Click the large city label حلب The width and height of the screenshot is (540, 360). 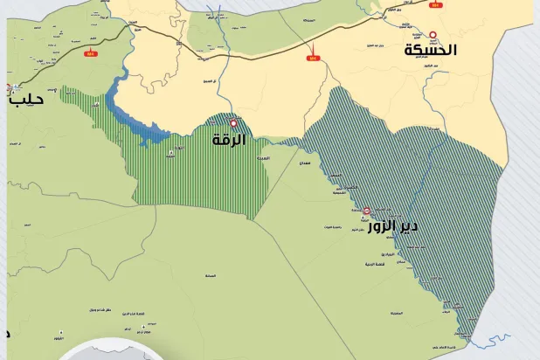pyautogui.click(x=26, y=100)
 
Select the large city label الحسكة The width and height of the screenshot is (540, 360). pyautogui.click(x=430, y=51)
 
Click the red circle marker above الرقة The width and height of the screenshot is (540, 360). pyautogui.click(x=233, y=122)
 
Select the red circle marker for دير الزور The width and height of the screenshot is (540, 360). pyautogui.click(x=366, y=210)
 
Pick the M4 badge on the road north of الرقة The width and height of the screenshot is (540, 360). pyautogui.click(x=311, y=59)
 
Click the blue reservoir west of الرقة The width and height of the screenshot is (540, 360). pyautogui.click(x=131, y=118)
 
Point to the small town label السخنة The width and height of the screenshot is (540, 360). pyautogui.click(x=211, y=275)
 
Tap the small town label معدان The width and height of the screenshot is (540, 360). pyautogui.click(x=303, y=163)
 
